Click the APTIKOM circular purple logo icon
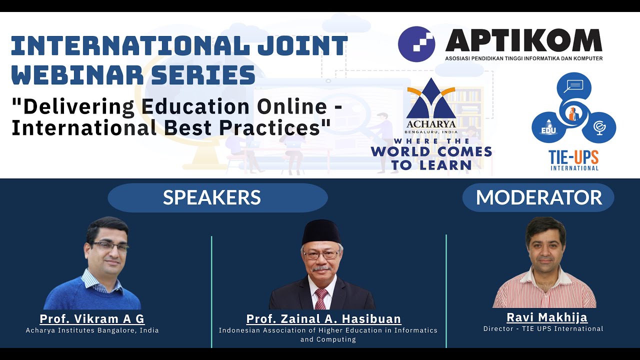click(416, 44)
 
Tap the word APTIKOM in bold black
click(523, 41)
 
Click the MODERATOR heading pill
click(538, 197)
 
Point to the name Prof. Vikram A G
click(92, 319)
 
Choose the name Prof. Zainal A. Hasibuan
click(323, 319)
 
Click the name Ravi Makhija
click(546, 317)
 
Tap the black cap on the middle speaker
click(321, 232)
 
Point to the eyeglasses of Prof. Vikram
click(109, 246)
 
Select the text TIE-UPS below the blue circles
click(574, 157)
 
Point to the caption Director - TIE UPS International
click(543, 329)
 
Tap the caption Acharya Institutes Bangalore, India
click(92, 330)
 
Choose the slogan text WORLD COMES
click(431, 151)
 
